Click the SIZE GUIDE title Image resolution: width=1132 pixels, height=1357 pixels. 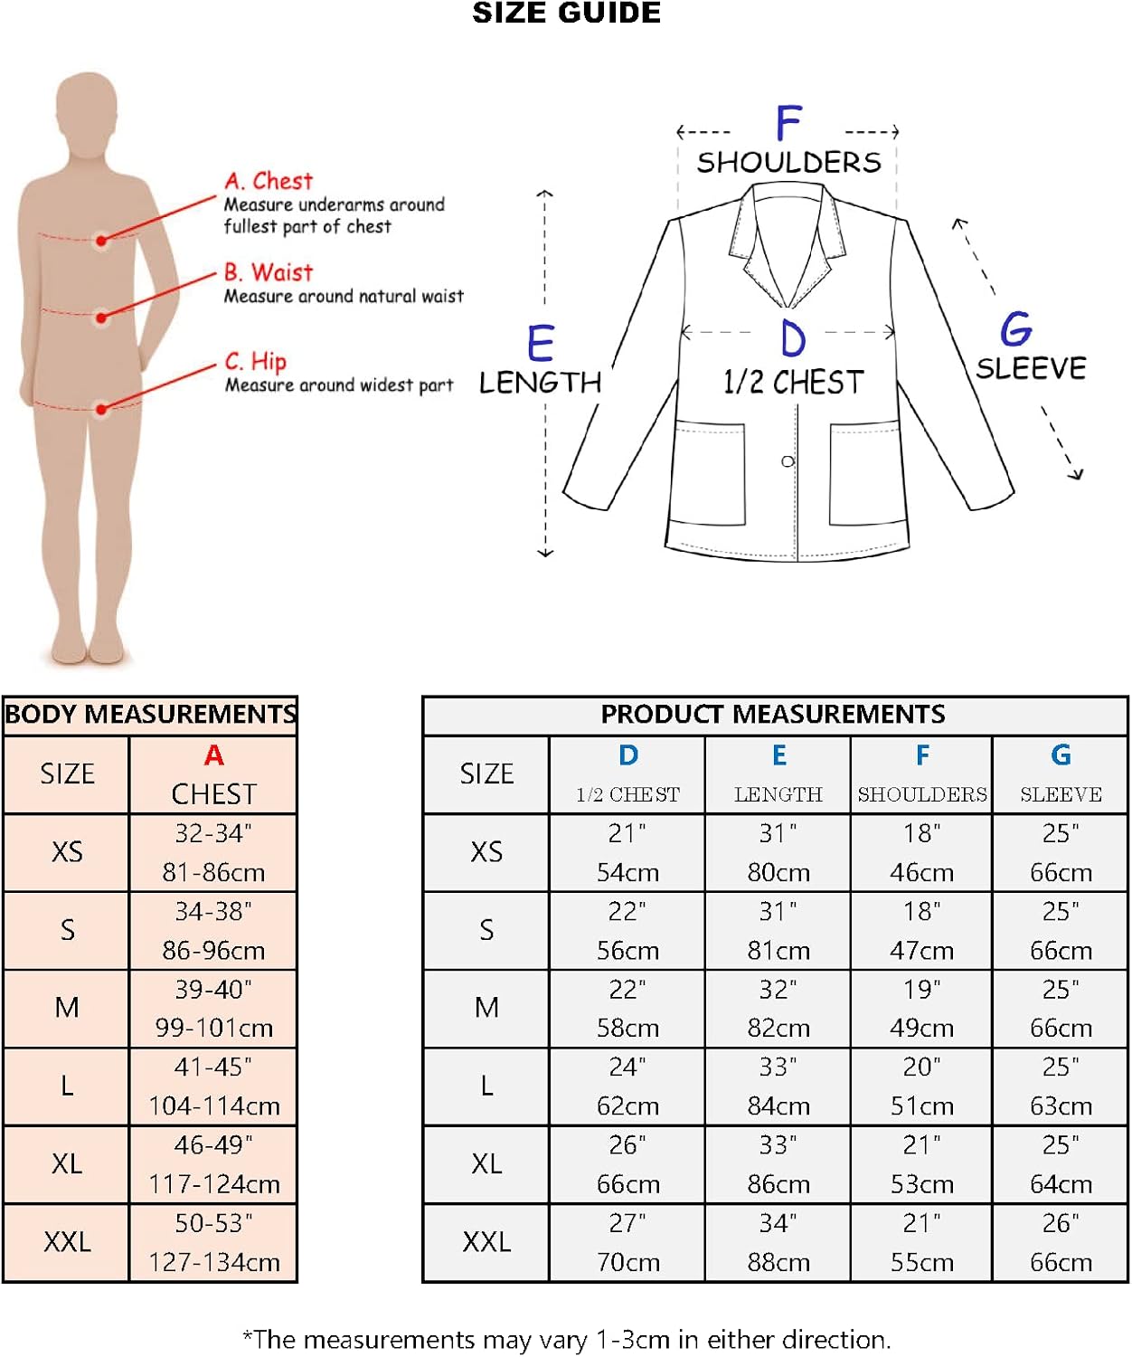[566, 14]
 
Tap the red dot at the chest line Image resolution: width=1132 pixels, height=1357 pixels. [102, 240]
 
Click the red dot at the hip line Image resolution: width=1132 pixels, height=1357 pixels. [102, 409]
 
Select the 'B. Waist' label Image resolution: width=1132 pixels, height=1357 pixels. [269, 272]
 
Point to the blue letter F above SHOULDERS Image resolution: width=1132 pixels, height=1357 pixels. [788, 123]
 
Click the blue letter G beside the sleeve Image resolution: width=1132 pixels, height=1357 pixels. [1016, 329]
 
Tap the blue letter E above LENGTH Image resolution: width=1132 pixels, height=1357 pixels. [541, 344]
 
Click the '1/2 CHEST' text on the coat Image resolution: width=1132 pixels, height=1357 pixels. [793, 382]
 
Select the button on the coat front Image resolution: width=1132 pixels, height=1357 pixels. [788, 461]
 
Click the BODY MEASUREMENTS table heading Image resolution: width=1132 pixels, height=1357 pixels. [150, 715]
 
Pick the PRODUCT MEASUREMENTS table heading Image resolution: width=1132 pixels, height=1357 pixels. [773, 715]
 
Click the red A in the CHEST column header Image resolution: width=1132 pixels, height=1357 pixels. [213, 755]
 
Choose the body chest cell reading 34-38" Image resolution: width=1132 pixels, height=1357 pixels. [213, 912]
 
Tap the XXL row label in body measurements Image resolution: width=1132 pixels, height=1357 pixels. [67, 1242]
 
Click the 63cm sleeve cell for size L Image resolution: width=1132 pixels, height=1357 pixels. [1061, 1106]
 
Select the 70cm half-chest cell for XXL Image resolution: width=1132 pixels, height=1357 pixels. [627, 1262]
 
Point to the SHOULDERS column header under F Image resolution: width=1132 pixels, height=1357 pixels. [922, 794]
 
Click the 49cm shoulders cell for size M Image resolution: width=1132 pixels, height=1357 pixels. [921, 1028]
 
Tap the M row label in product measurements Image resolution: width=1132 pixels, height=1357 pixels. [486, 1008]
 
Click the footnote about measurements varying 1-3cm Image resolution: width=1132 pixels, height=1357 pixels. [567, 1339]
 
